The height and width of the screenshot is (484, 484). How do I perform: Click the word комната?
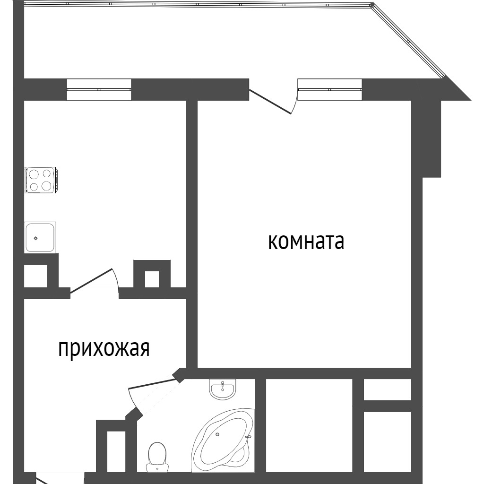306,242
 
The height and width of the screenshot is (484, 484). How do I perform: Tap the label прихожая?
104,349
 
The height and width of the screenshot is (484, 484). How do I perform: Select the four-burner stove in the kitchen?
41,180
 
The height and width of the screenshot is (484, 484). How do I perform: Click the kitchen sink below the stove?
40,237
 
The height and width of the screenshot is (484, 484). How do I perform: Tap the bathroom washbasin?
223,389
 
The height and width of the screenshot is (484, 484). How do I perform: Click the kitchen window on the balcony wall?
98,90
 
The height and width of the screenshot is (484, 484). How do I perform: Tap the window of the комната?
329,90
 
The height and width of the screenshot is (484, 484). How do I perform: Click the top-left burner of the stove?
34,174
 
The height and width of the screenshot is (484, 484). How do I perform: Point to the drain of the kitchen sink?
35,238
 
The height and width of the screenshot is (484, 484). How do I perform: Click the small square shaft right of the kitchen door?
152,279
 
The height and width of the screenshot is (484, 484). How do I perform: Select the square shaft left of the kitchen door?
35,276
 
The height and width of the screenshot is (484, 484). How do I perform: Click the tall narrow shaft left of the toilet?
116,451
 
